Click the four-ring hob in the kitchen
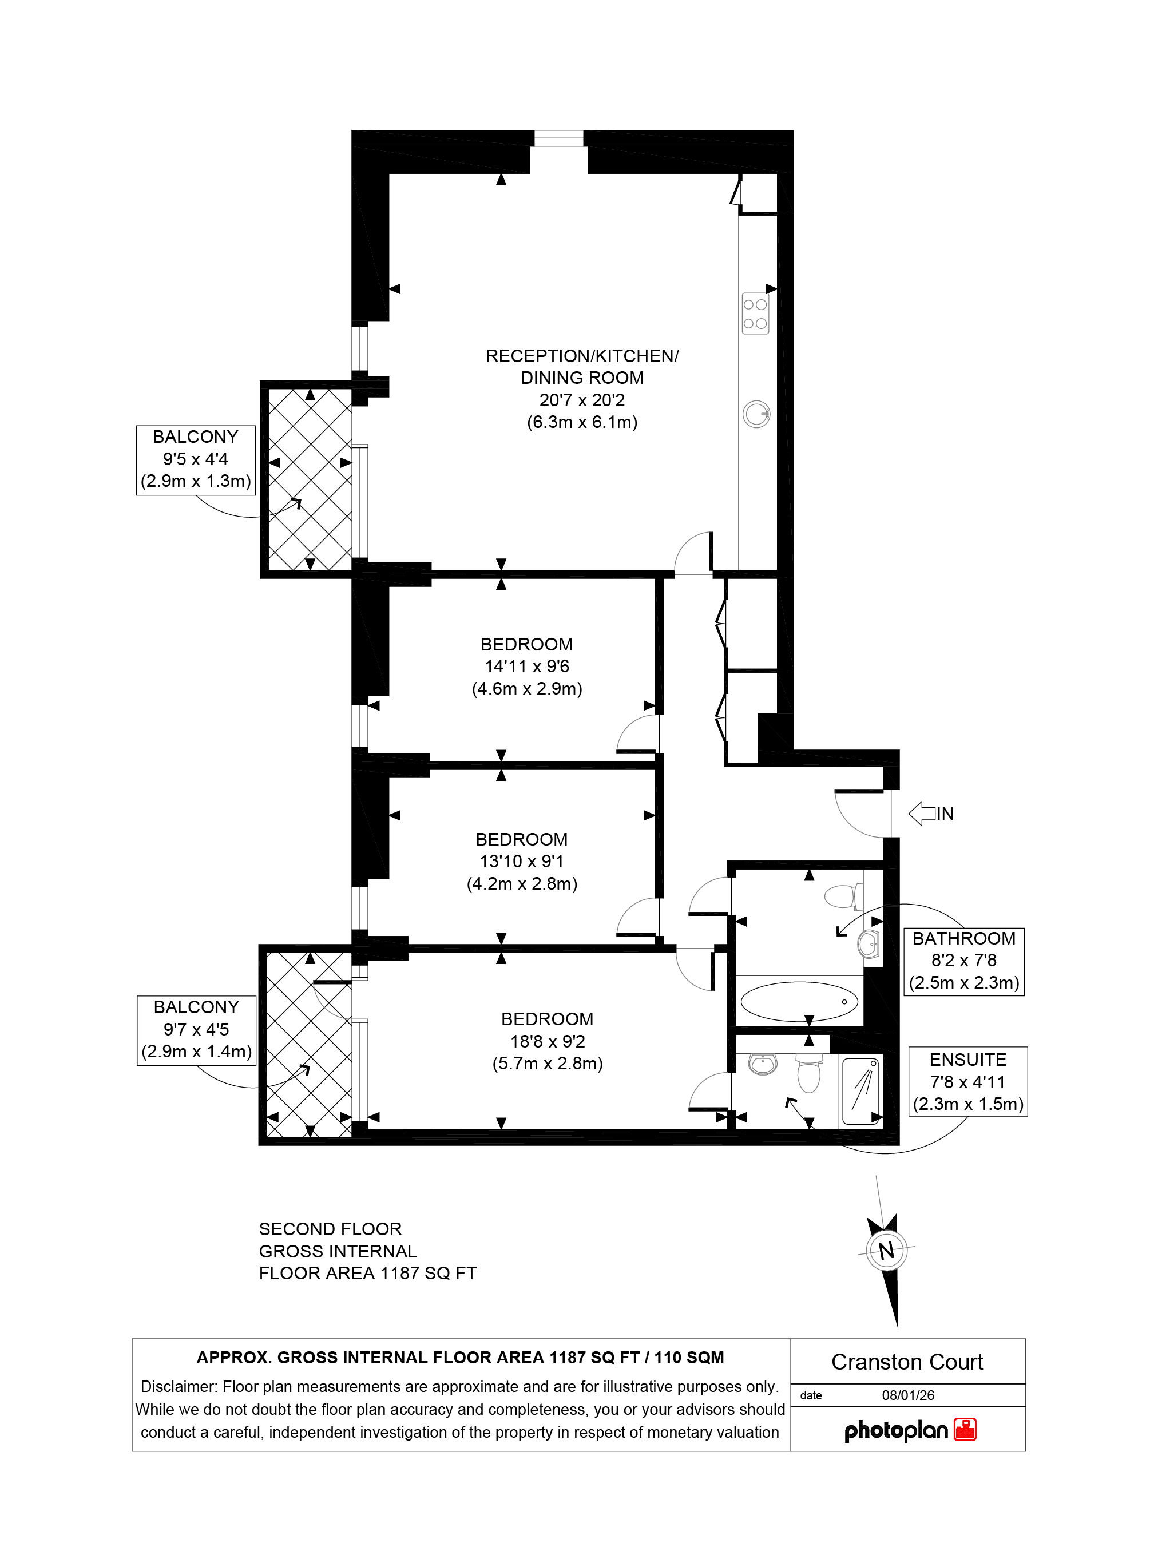[x=755, y=314]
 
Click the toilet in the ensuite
[x=808, y=1073]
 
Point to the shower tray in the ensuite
[x=861, y=1091]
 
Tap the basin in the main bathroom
[x=869, y=945]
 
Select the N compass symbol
[x=886, y=1250]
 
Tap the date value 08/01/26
[x=908, y=1395]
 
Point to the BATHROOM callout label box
[x=964, y=961]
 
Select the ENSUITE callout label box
[x=967, y=1082]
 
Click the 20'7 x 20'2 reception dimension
[x=582, y=400]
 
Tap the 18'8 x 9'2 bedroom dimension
[x=548, y=1041]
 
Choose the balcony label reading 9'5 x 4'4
[x=196, y=459]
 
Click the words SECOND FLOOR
[x=331, y=1229]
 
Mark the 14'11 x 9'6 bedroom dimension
[x=527, y=667]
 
